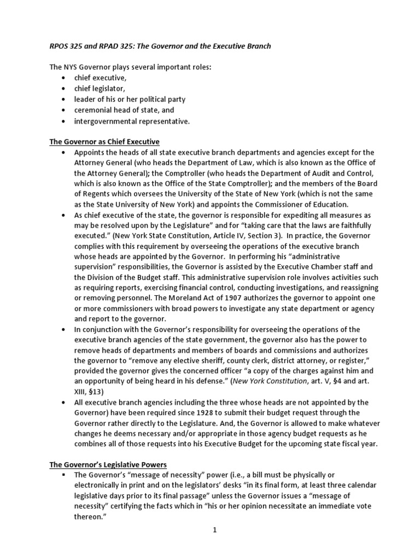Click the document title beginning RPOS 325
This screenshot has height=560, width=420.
pyautogui.click(x=160, y=46)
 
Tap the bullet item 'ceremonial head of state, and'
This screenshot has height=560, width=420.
pyautogui.click(x=124, y=110)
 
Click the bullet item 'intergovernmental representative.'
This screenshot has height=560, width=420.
pyautogui.click(x=132, y=121)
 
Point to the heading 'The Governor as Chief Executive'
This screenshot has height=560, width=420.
pyautogui.click(x=104, y=142)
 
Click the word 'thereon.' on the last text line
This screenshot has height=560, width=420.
pyautogui.click(x=89, y=517)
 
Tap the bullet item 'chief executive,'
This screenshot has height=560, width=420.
pyautogui.click(x=101, y=78)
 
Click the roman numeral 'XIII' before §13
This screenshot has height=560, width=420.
pyautogui.click(x=81, y=392)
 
